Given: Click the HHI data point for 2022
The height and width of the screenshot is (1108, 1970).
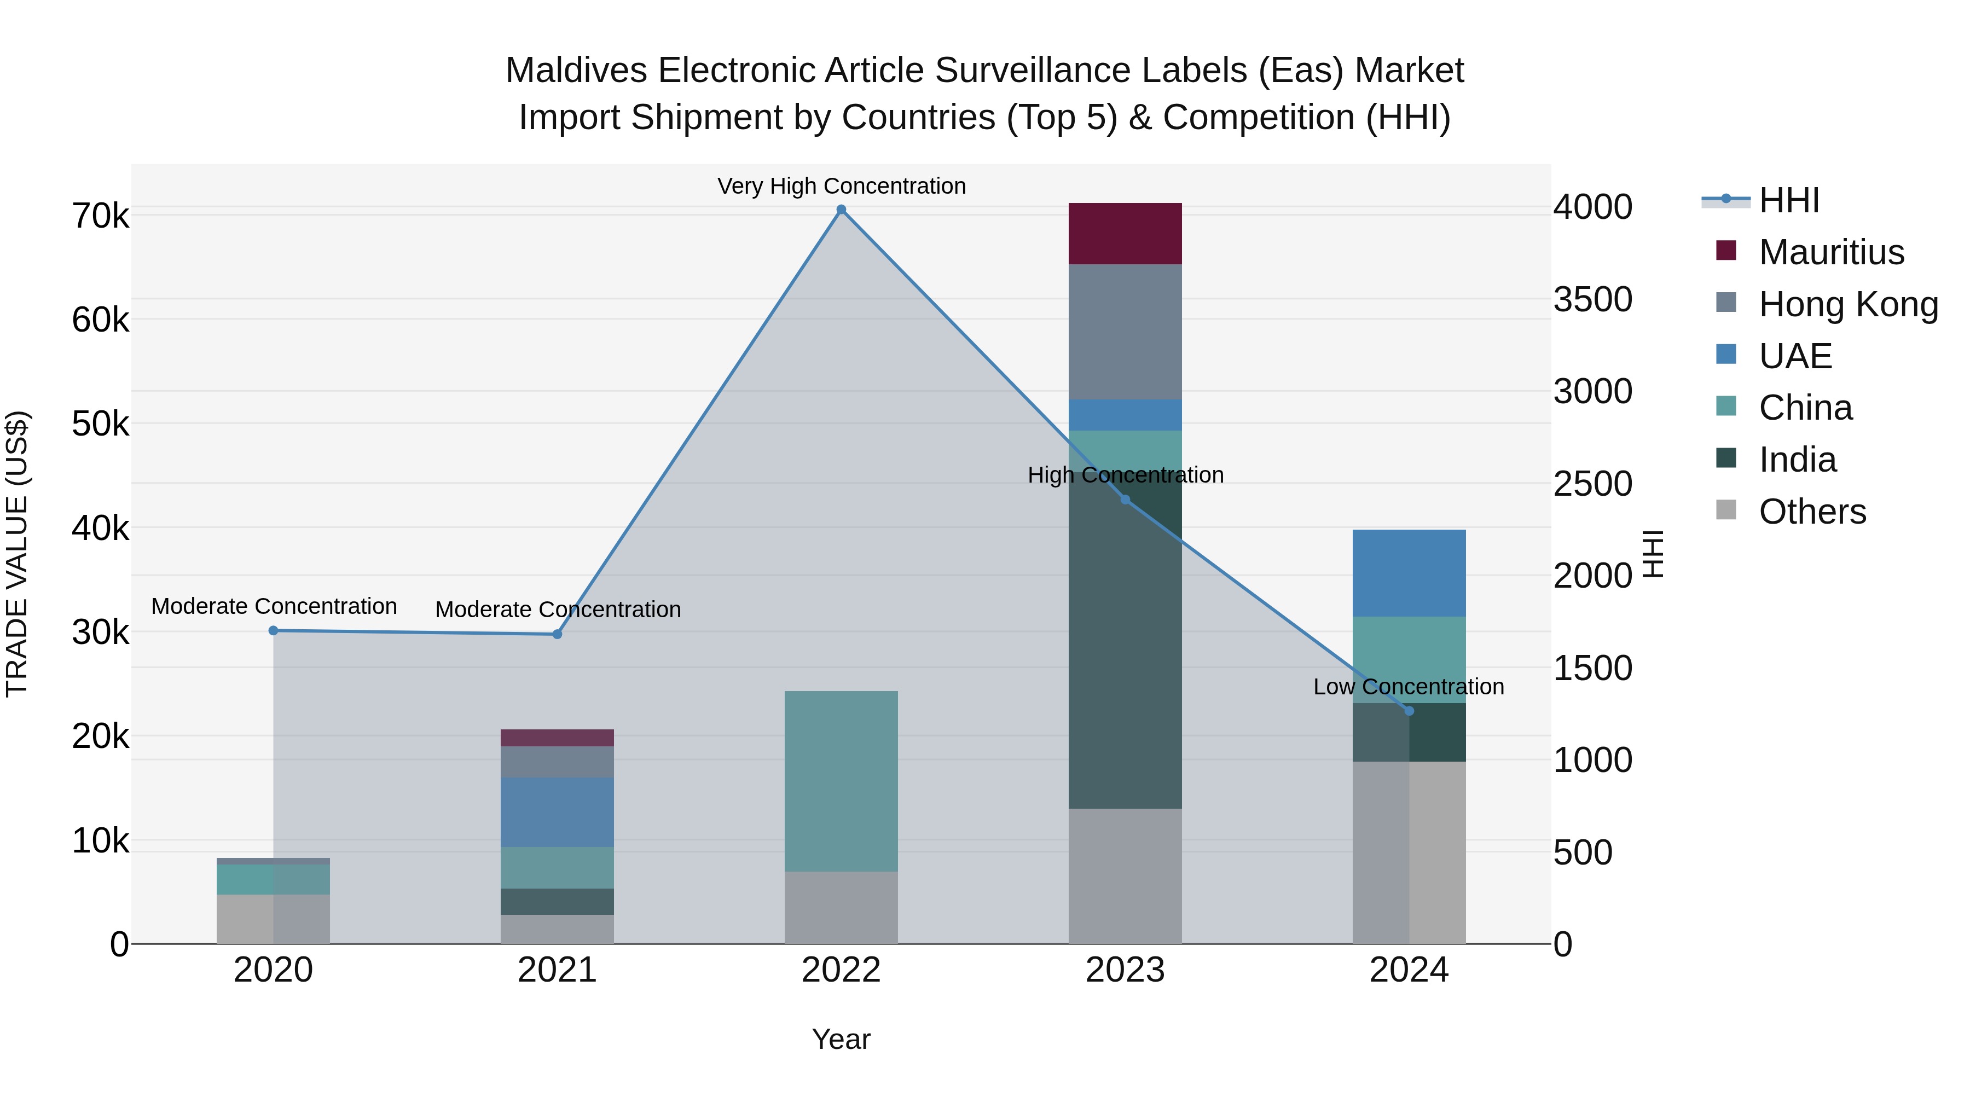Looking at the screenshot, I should click(841, 210).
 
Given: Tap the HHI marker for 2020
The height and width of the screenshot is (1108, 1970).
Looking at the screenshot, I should click(273, 631).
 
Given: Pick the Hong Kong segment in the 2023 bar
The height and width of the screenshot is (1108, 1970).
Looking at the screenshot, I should click(1125, 332).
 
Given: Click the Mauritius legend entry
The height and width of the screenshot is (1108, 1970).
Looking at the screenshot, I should click(1831, 252).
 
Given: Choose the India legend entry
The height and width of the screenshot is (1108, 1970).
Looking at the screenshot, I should click(1797, 460).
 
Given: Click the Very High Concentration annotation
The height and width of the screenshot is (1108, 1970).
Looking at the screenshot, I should click(841, 187).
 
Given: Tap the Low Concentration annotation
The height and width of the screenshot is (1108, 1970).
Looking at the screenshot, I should click(1409, 687).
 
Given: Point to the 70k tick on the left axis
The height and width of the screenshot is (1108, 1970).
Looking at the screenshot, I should click(101, 216).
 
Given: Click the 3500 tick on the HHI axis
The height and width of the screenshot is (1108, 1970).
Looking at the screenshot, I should click(1593, 299).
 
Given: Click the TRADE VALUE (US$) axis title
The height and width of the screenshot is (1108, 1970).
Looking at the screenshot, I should click(17, 554).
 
